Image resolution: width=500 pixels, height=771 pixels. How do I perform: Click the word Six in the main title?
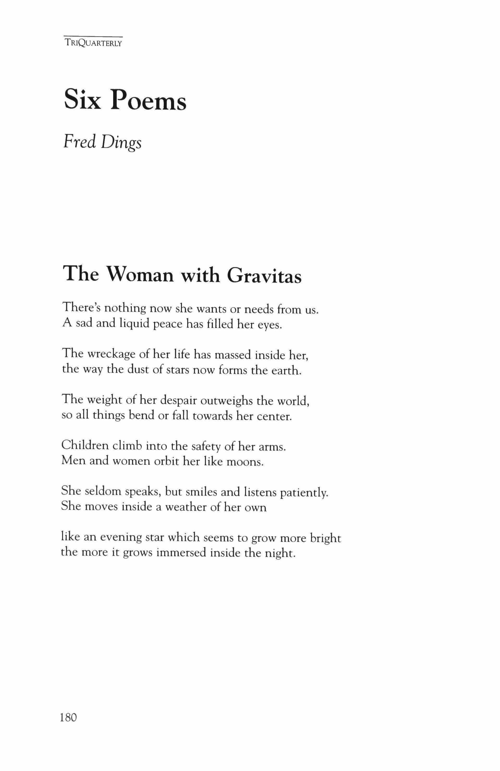(83, 100)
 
